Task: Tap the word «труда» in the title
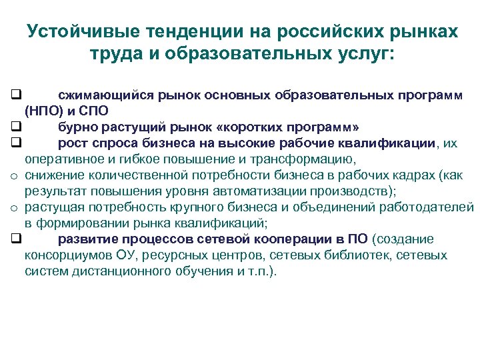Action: (113, 53)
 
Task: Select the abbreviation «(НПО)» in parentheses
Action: (43, 111)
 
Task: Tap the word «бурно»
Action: (75, 127)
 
